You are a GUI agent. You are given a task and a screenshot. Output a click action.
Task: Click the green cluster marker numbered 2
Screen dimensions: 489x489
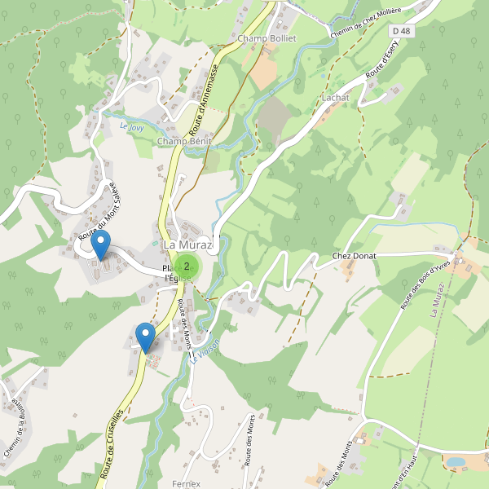coord(187,266)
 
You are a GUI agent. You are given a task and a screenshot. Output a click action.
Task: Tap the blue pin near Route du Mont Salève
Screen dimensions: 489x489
coord(100,245)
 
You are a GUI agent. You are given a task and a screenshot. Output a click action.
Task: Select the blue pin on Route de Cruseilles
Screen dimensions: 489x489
coord(146,337)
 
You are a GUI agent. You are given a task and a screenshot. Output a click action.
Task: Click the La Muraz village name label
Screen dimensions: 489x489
coord(187,244)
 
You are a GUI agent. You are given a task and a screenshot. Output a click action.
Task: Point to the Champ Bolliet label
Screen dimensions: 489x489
coord(267,38)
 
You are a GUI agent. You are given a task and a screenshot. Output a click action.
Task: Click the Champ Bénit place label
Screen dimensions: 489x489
coord(184,141)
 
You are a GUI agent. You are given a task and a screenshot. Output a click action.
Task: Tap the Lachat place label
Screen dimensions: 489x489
coord(335,97)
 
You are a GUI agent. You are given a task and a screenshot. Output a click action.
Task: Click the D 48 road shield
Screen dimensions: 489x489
coord(399,31)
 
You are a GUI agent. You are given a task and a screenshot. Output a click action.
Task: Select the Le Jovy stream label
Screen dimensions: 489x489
coord(131,126)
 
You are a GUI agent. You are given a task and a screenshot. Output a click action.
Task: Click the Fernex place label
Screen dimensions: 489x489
coord(187,483)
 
